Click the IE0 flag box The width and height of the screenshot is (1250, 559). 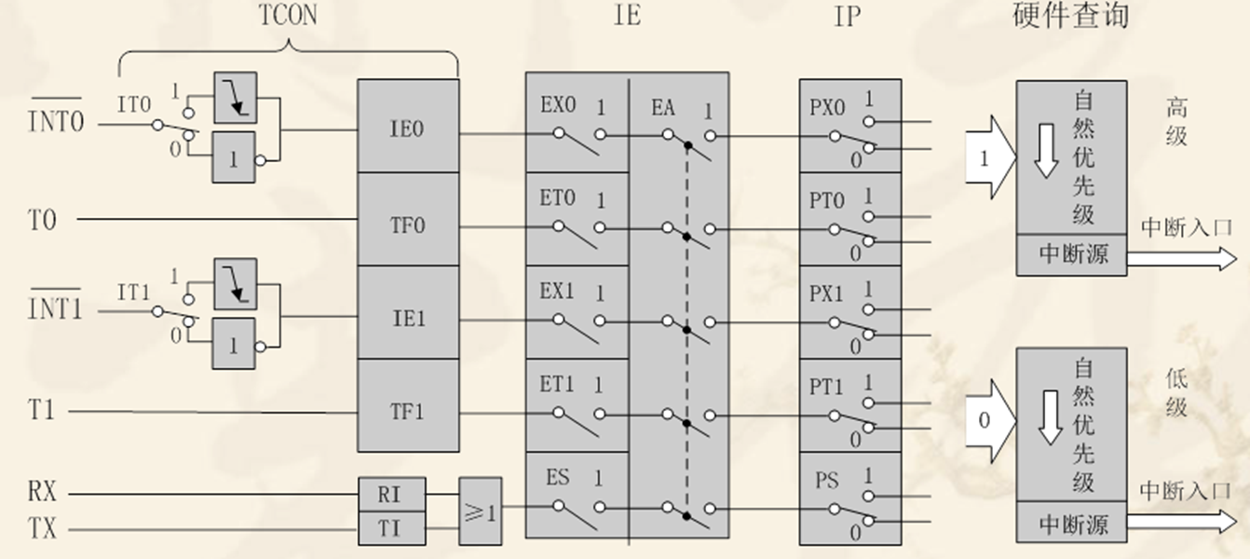(x=408, y=127)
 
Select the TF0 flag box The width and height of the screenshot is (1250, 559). (x=408, y=224)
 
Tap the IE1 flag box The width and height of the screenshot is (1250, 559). (x=408, y=317)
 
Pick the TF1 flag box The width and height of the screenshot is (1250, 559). (x=408, y=411)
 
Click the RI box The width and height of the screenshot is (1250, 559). (x=390, y=494)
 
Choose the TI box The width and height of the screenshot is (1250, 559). (x=390, y=529)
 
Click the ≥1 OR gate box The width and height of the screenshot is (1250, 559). (x=480, y=511)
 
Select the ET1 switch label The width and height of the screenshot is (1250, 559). (x=558, y=383)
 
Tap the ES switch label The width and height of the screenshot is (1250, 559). (x=558, y=479)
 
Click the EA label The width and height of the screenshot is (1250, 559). (x=663, y=107)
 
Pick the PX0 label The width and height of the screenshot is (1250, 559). (x=827, y=107)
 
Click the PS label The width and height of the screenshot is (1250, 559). (x=827, y=481)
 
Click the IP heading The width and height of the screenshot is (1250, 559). (x=847, y=17)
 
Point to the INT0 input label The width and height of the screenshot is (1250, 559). (x=55, y=121)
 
